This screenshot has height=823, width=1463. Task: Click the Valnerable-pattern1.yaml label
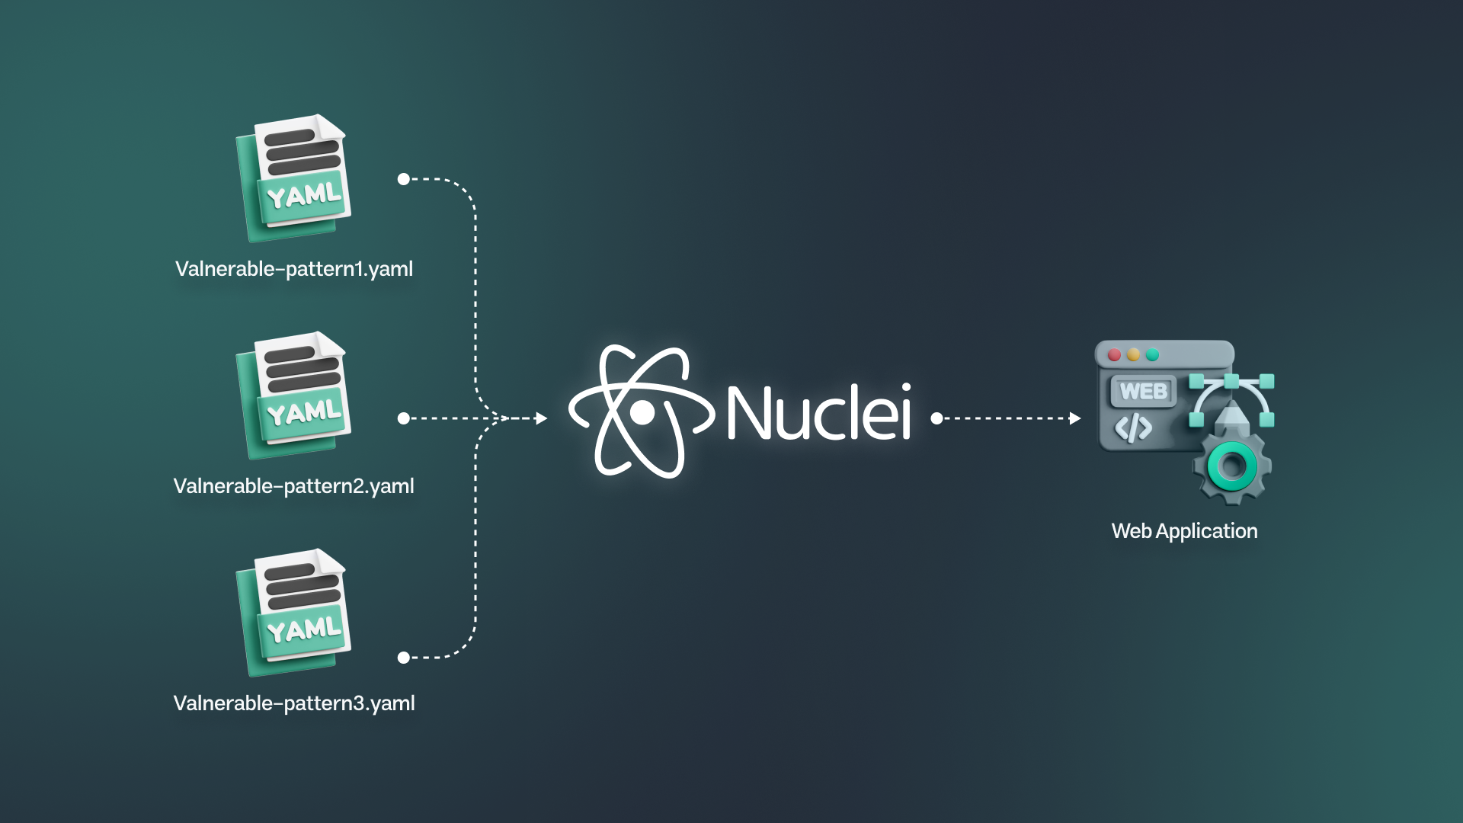pyautogui.click(x=294, y=269)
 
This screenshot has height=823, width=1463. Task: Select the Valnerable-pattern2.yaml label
pyautogui.click(x=294, y=486)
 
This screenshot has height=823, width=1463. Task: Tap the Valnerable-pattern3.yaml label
pyautogui.click(x=294, y=703)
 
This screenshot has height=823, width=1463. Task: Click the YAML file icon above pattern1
pyautogui.click(x=296, y=178)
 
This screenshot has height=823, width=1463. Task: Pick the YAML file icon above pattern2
pyautogui.click(x=296, y=395)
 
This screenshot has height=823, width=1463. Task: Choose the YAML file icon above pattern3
pyautogui.click(x=296, y=613)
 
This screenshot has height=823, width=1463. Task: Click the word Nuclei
pyautogui.click(x=818, y=412)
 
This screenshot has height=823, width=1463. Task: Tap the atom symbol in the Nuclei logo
pyautogui.click(x=642, y=412)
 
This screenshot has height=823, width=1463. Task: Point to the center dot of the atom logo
pyautogui.click(x=642, y=413)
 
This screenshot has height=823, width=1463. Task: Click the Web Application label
pyautogui.click(x=1184, y=531)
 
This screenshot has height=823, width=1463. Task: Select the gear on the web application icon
pyautogui.click(x=1232, y=466)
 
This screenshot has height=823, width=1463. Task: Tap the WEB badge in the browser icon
pyautogui.click(x=1143, y=392)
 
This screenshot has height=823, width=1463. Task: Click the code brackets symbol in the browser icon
pyautogui.click(x=1133, y=428)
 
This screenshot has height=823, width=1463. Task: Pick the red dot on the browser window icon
pyautogui.click(x=1114, y=355)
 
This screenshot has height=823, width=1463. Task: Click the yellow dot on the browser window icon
pyautogui.click(x=1133, y=355)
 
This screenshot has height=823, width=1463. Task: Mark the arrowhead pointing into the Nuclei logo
pyautogui.click(x=542, y=418)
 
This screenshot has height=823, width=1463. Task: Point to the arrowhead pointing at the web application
pyautogui.click(x=1075, y=418)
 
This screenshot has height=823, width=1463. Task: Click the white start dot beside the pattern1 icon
pyautogui.click(x=404, y=179)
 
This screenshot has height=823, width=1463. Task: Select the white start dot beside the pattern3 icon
pyautogui.click(x=404, y=658)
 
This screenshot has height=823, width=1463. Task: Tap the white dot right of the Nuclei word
pyautogui.click(x=936, y=418)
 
